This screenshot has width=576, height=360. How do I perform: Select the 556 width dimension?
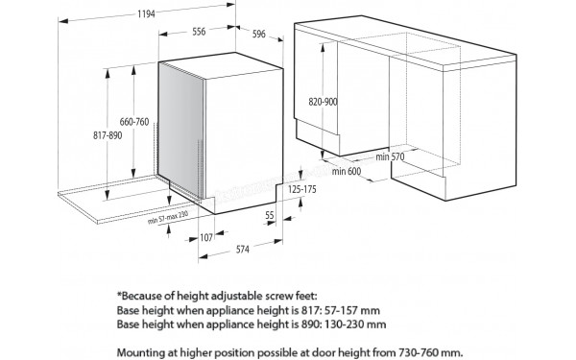(x=199, y=32)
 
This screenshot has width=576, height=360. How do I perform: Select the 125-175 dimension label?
(x=301, y=190)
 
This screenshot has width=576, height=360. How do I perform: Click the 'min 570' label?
(x=388, y=157)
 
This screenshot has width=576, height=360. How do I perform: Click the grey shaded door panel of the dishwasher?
(x=180, y=125)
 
